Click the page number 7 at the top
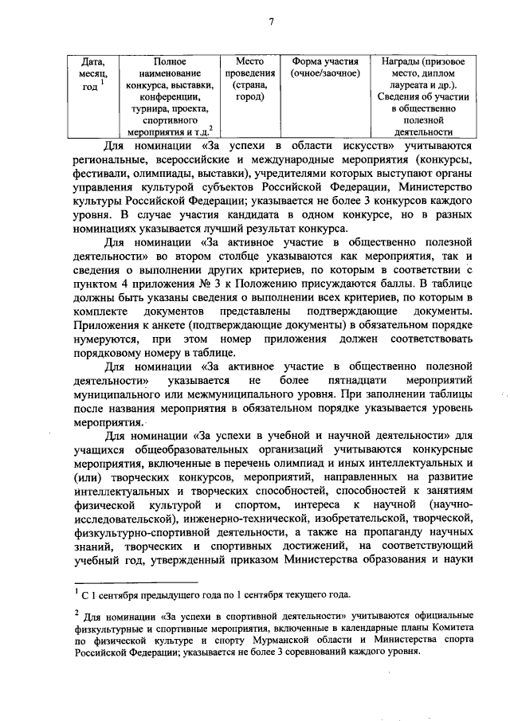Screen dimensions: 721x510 (x=271, y=21)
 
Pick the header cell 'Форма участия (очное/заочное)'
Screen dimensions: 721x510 (x=325, y=67)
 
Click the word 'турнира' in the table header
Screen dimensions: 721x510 (x=153, y=108)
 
